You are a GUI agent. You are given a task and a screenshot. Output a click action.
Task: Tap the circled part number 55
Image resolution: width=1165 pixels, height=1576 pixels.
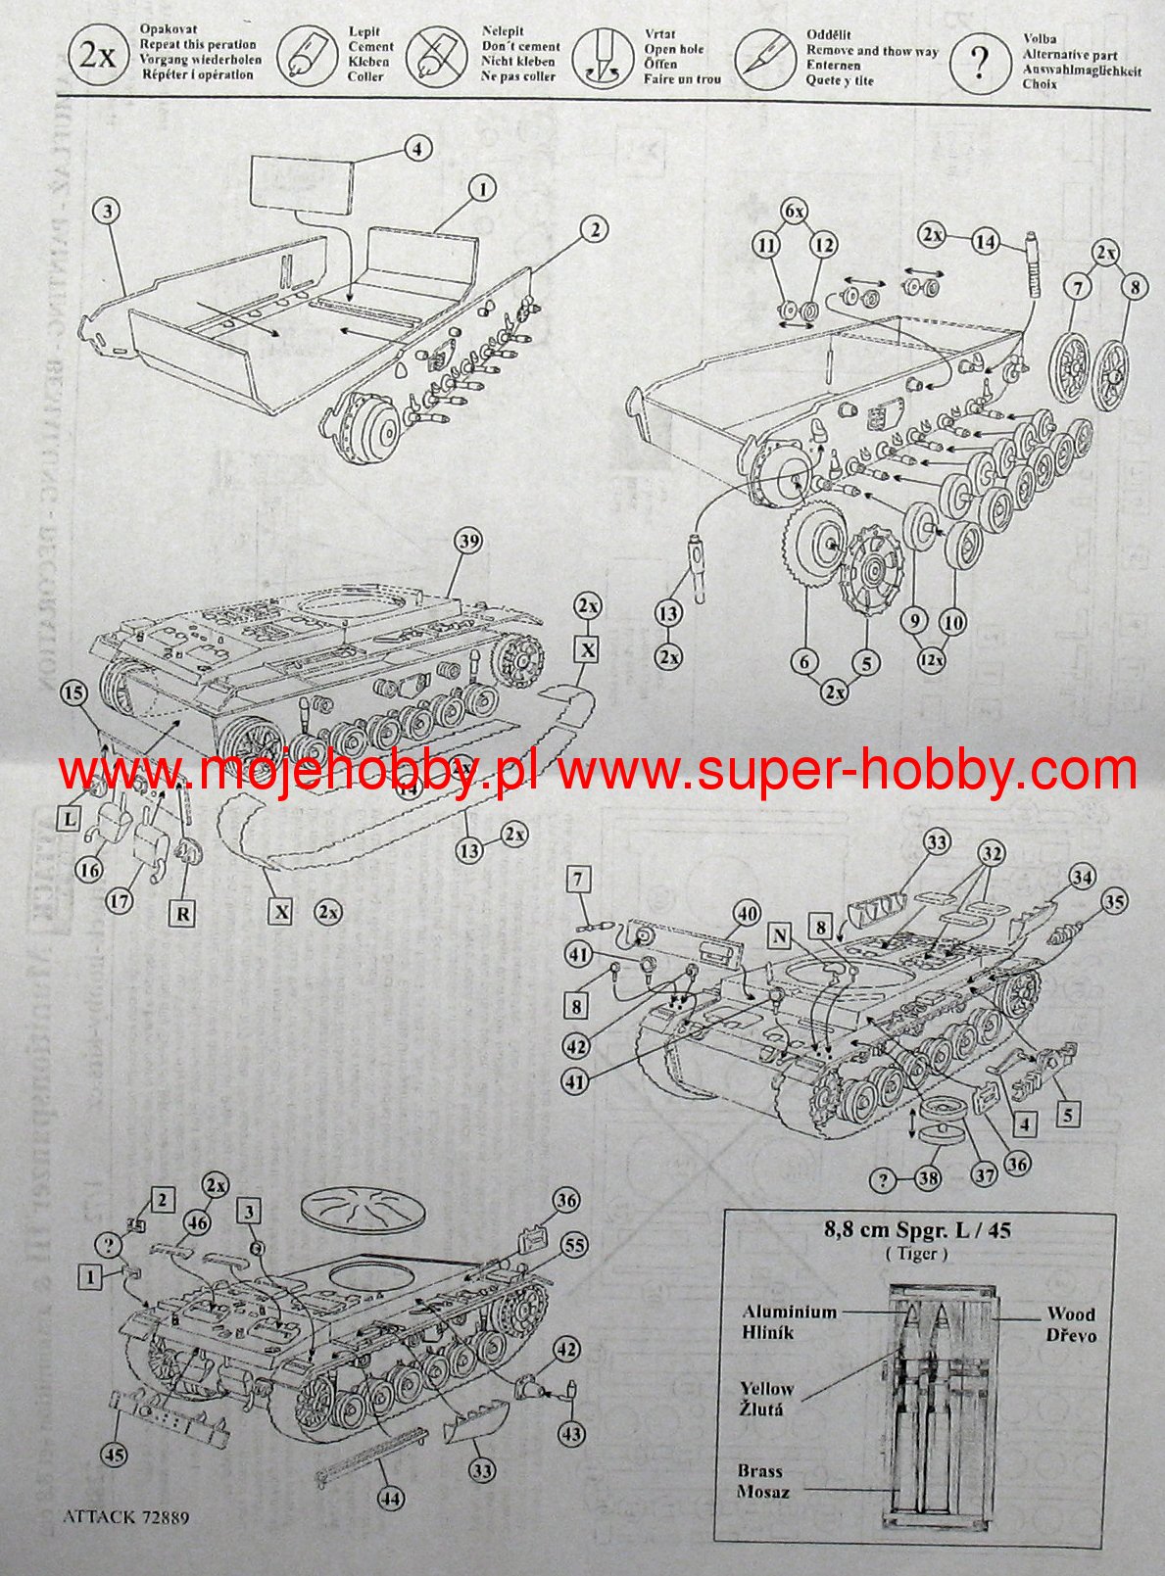pyautogui.click(x=573, y=1245)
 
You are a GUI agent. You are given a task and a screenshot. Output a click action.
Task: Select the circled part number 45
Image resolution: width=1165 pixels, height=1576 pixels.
pyautogui.click(x=115, y=1456)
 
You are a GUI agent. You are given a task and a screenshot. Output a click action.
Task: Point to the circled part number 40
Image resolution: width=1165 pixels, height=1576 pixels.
pyautogui.click(x=747, y=913)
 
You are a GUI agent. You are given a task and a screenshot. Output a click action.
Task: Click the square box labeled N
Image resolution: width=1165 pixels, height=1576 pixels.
pyautogui.click(x=780, y=935)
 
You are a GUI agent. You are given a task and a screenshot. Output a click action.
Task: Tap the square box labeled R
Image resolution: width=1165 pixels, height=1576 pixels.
pyautogui.click(x=183, y=913)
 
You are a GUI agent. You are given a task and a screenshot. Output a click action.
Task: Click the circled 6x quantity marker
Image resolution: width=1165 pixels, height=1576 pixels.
pyautogui.click(x=795, y=211)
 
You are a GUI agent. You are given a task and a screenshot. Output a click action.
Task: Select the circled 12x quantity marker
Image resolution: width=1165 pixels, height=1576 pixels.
pyautogui.click(x=932, y=660)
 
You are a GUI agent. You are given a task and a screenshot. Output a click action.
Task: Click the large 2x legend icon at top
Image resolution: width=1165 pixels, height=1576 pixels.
pyautogui.click(x=98, y=55)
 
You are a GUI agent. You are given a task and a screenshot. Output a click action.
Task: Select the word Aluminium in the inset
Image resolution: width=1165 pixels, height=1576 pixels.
pyautogui.click(x=789, y=1312)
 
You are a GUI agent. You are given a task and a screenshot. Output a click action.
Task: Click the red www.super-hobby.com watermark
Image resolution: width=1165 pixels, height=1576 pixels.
pyautogui.click(x=848, y=771)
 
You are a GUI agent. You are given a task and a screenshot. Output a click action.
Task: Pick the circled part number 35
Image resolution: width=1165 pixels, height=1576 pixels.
pyautogui.click(x=1113, y=902)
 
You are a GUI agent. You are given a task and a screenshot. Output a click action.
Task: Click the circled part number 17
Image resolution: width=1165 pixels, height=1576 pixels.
pyautogui.click(x=120, y=900)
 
